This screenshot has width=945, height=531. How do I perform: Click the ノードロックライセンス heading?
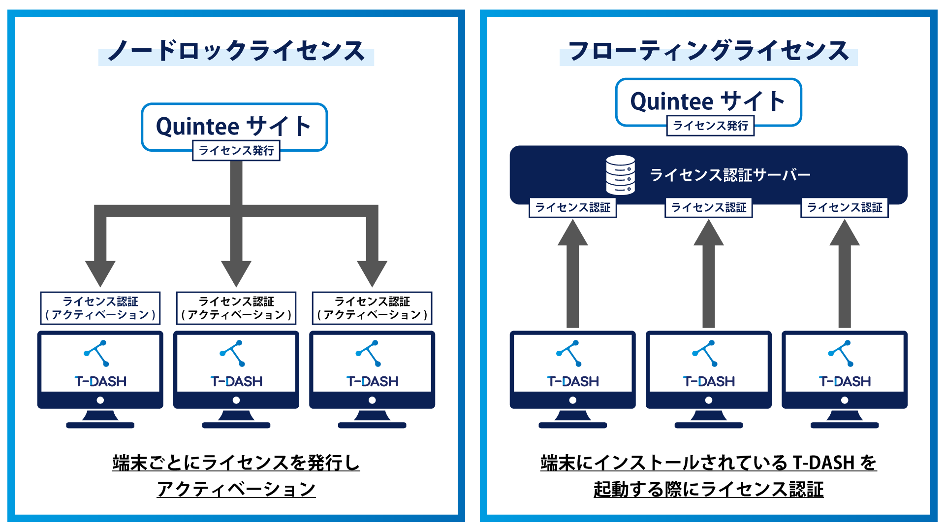tap(236, 51)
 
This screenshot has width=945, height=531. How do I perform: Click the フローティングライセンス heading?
tap(708, 51)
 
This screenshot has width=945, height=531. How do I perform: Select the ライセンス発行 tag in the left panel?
tap(236, 151)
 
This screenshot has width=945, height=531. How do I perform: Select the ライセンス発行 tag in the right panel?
tap(710, 126)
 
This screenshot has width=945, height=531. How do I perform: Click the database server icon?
tap(620, 175)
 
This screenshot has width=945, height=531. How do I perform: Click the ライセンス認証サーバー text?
tap(730, 175)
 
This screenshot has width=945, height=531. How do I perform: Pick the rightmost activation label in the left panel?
tap(372, 308)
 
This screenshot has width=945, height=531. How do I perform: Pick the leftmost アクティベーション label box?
tap(100, 308)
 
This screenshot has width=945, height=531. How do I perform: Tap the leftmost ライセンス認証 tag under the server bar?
tap(572, 207)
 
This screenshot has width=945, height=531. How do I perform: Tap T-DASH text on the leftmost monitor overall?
tap(100, 381)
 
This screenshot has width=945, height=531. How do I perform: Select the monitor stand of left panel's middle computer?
tap(236, 419)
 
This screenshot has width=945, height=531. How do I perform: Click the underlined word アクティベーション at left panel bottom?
tap(236, 489)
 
